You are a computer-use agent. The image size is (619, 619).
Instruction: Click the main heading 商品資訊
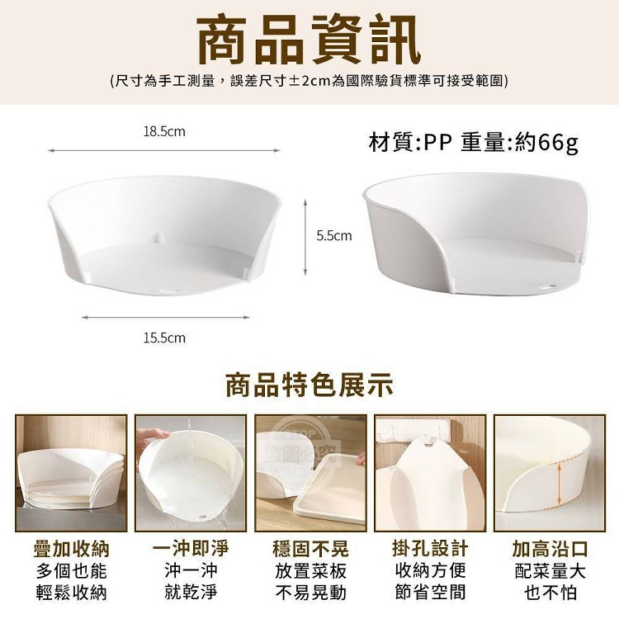[x=309, y=40]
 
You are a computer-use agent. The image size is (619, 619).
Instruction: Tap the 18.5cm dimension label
[x=164, y=131]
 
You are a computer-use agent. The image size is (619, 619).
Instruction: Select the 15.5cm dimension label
[x=164, y=338]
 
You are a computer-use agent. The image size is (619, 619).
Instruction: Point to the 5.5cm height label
[x=334, y=236]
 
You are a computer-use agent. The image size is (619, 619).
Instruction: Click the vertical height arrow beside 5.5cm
[x=305, y=237]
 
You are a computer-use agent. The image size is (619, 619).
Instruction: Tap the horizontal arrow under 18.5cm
[x=164, y=150]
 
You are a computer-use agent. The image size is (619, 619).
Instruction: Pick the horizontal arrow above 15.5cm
[x=166, y=317]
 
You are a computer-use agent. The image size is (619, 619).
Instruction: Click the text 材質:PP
[x=410, y=142]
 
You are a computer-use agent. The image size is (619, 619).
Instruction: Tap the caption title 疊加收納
[x=72, y=549]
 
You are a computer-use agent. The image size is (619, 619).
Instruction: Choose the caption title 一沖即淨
[x=191, y=549]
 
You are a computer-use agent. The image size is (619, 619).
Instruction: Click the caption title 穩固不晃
[x=310, y=549]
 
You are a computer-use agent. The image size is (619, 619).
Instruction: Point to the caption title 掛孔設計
[x=430, y=549]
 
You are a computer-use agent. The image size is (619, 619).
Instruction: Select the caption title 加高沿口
[x=550, y=549]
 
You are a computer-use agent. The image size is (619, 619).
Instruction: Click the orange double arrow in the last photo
[x=559, y=484]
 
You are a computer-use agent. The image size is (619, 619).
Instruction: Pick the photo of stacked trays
[x=71, y=473]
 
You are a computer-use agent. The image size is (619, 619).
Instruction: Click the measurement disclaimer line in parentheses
[x=309, y=81]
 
